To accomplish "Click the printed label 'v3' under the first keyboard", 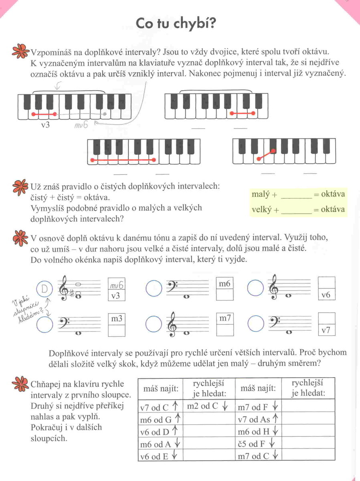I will pyautogui.click(x=45, y=125).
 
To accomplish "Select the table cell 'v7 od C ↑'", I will pyautogui.click(x=159, y=408).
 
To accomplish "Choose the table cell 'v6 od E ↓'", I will pyautogui.click(x=159, y=457).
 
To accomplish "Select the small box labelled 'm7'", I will pyautogui.click(x=224, y=318).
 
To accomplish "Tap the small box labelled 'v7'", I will pyautogui.click(x=326, y=331).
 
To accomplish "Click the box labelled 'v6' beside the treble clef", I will pyautogui.click(x=326, y=295).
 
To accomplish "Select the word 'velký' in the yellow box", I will pyautogui.click(x=261, y=209).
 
